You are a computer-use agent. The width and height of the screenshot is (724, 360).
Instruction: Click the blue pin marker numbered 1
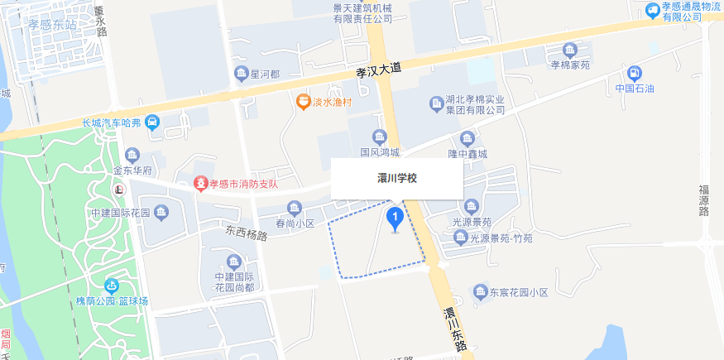(396, 219)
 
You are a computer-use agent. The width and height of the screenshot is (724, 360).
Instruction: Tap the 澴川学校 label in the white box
(396, 178)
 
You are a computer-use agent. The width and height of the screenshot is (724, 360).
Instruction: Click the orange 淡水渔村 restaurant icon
(304, 102)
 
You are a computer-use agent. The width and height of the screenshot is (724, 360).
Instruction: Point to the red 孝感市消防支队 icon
(199, 182)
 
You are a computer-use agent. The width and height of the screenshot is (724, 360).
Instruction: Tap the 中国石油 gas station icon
(635, 72)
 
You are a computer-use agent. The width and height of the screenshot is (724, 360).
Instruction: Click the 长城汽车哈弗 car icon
(152, 122)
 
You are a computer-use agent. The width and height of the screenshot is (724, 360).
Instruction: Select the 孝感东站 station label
(52, 25)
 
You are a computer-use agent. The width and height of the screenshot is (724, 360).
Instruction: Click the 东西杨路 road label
(247, 233)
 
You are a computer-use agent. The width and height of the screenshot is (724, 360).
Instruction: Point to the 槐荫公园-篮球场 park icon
(111, 286)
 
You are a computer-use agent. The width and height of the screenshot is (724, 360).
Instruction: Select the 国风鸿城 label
(380, 152)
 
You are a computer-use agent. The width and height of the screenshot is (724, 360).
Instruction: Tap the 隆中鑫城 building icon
(467, 137)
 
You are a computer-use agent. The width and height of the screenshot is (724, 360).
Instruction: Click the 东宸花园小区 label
(518, 292)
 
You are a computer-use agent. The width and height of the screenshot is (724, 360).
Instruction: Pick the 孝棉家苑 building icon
(570, 49)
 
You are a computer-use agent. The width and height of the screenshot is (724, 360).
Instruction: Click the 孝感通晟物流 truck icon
(652, 10)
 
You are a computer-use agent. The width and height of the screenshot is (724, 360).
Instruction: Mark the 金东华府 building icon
(132, 155)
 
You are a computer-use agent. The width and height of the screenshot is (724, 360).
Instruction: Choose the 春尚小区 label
(295, 223)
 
